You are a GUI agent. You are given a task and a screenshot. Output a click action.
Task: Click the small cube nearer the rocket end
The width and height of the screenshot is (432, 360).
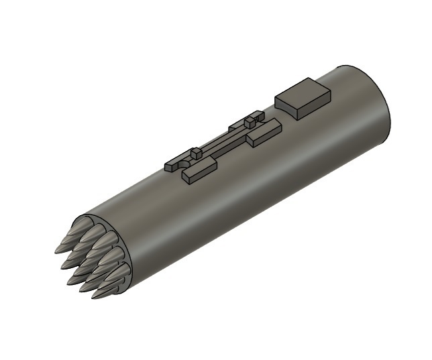pyautogui.click(x=196, y=154)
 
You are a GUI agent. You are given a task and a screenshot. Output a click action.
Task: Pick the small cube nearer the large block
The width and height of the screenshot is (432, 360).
pyautogui.click(x=250, y=121)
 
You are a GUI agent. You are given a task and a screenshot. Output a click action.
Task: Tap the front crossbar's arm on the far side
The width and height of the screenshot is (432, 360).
pyautogui.click(x=176, y=162)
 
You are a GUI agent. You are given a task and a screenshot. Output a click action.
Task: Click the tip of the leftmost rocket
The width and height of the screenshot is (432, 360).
pyautogui.click(x=56, y=251)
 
